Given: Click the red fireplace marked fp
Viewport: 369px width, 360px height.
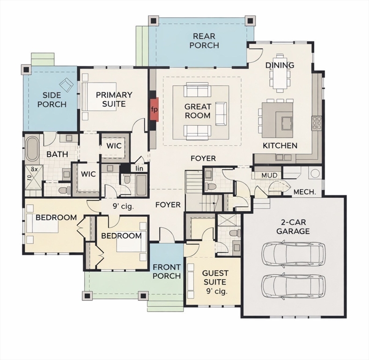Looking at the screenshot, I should pos(154,109).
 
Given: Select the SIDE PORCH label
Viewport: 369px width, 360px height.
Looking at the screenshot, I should pos(52,99).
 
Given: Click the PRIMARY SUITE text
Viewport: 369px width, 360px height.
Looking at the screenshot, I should pos(114,99).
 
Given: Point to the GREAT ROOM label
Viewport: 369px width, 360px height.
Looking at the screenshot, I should pos(197,111).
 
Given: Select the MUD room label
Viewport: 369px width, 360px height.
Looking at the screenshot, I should pos(269,175).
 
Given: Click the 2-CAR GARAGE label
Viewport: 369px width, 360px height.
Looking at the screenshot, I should pos(293,227).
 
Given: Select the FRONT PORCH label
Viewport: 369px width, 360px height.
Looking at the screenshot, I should pos(167,271).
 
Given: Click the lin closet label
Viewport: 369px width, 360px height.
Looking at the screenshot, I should pos(139,168).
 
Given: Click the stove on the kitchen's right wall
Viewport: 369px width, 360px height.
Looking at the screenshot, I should pos(317,123).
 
